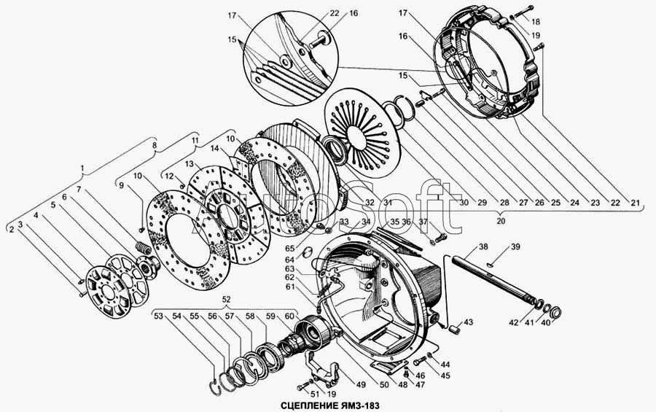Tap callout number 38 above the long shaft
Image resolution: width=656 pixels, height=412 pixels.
tap(484, 246)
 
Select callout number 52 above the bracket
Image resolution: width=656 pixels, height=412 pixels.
tap(227, 300)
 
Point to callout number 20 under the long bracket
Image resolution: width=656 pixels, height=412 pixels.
tap(500, 220)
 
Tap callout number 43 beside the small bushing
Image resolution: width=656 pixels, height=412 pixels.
tap(468, 322)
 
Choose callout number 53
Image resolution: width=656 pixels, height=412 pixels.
tap(158, 316)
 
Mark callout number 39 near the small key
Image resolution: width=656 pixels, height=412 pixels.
tap(515, 247)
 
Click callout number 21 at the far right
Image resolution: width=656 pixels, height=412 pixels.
tap(635, 203)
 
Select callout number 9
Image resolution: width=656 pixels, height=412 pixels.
tap(121, 185)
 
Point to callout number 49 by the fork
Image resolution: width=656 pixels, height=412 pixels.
tap(361, 384)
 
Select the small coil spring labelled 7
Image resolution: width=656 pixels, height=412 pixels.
tap(143, 247)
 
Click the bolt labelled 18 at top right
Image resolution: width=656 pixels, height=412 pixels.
tap(523, 12)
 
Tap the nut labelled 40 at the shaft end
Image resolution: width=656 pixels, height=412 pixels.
tap(555, 312)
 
